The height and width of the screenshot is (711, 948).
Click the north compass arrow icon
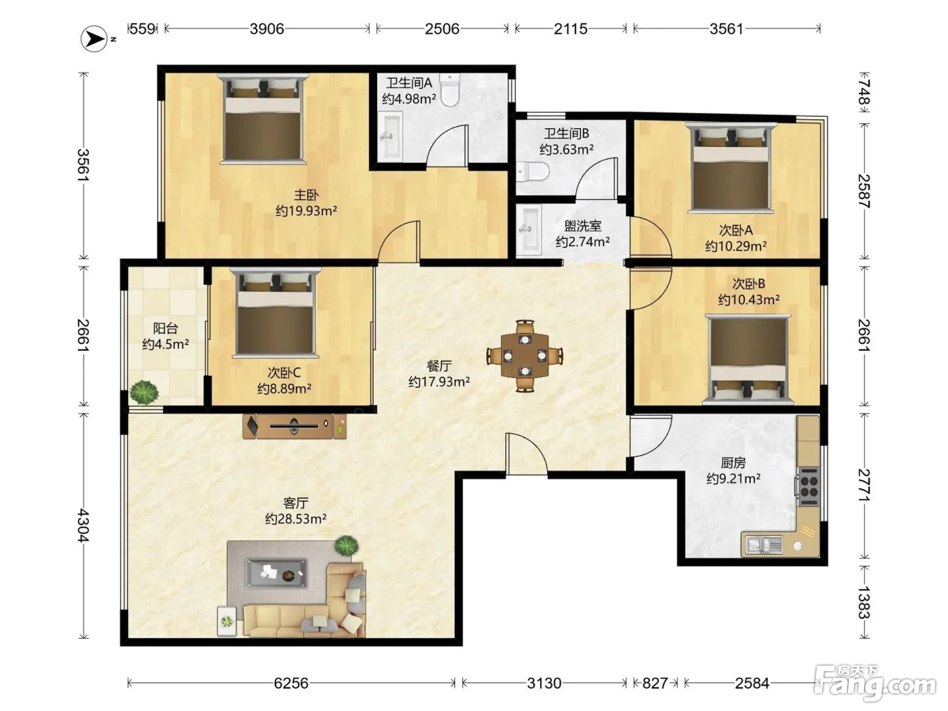[94, 39]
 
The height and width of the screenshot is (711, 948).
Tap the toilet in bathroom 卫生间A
[450, 90]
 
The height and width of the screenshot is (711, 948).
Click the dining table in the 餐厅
[525, 355]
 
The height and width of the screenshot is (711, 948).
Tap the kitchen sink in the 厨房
[762, 545]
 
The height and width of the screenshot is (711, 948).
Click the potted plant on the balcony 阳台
[144, 392]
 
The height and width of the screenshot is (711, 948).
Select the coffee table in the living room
[276, 574]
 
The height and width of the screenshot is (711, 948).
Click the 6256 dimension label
[291, 683]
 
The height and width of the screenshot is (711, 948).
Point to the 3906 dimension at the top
[267, 29]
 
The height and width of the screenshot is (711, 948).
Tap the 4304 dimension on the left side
[83, 525]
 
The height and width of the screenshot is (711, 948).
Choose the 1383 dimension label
[863, 602]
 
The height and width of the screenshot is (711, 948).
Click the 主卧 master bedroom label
[306, 195]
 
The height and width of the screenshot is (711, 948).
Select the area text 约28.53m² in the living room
[296, 519]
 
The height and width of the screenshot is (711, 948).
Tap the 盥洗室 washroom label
[582, 225]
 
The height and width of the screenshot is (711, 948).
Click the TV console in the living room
[295, 426]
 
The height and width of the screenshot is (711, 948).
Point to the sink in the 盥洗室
[529, 230]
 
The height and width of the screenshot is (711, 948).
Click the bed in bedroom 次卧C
[276, 313]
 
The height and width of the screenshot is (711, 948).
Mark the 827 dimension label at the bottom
[655, 683]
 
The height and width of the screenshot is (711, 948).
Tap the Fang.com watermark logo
[877, 683]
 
